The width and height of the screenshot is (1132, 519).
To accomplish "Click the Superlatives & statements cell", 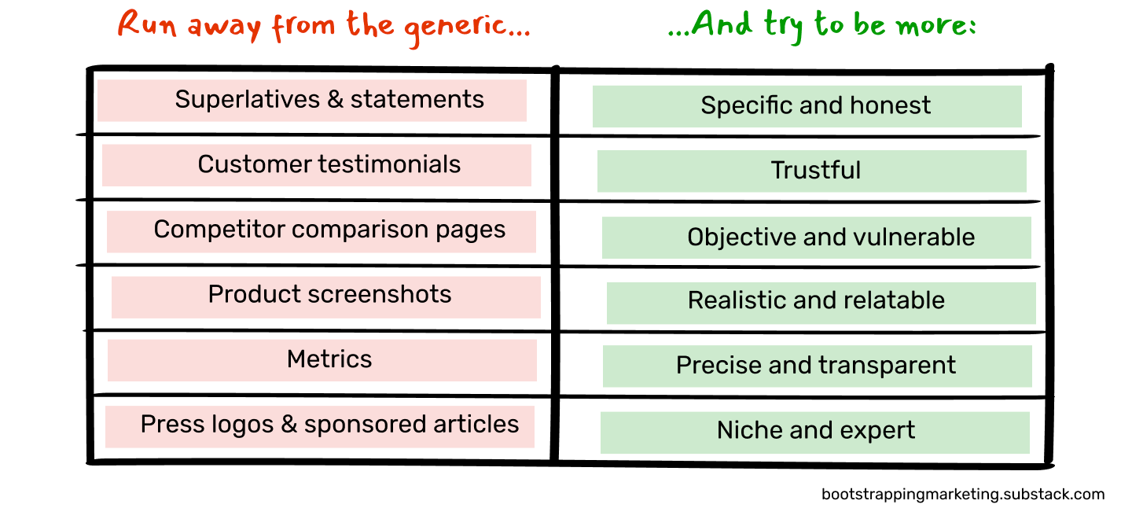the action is pyautogui.click(x=329, y=100).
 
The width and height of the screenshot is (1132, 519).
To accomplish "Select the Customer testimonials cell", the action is pyautogui.click(x=329, y=164).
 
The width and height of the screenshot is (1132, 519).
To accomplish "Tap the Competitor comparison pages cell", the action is pyautogui.click(x=329, y=230).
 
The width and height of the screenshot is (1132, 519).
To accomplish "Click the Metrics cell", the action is pyautogui.click(x=329, y=359).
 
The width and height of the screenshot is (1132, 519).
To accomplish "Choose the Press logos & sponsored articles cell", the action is pyautogui.click(x=329, y=425).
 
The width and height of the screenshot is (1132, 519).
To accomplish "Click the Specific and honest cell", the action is pyautogui.click(x=815, y=105).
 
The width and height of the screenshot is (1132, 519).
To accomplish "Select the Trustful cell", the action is pyautogui.click(x=815, y=171).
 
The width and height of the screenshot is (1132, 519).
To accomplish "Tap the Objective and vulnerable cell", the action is pyautogui.click(x=830, y=237).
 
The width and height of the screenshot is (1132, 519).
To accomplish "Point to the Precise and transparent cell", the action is pyautogui.click(x=816, y=366).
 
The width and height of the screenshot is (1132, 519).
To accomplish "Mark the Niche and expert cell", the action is pyautogui.click(x=815, y=431).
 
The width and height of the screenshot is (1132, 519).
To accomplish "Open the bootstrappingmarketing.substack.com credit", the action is pyautogui.click(x=962, y=495).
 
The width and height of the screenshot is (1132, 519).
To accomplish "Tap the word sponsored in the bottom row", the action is pyautogui.click(x=360, y=425).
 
